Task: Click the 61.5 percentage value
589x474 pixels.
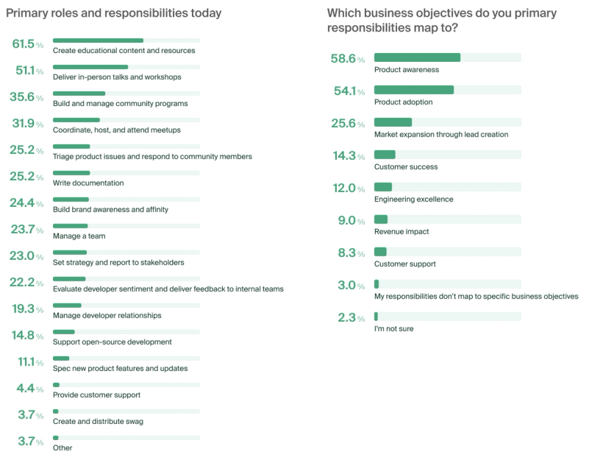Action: tap(24, 43)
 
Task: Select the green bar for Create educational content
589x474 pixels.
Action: tap(98, 40)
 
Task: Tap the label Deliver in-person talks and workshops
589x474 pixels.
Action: tap(117, 77)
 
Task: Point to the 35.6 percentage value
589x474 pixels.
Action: tap(24, 96)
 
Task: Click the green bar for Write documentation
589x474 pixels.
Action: tap(71, 173)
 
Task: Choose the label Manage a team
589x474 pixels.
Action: tap(79, 236)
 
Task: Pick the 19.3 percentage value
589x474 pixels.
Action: tap(24, 308)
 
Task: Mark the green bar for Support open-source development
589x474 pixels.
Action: tap(64, 332)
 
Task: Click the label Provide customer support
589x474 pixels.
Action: tap(96, 395)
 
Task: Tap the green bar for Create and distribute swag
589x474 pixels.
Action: tap(56, 411)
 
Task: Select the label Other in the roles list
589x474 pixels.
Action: tap(63, 448)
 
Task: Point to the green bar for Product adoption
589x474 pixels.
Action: tap(414, 90)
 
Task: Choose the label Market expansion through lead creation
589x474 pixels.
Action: tap(441, 135)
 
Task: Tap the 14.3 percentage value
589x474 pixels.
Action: tap(343, 157)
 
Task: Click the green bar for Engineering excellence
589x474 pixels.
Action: tap(383, 187)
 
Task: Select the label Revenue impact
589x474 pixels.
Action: tap(401, 232)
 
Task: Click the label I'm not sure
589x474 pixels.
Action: tap(393, 329)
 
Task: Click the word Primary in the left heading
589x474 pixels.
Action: tap(29, 13)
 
